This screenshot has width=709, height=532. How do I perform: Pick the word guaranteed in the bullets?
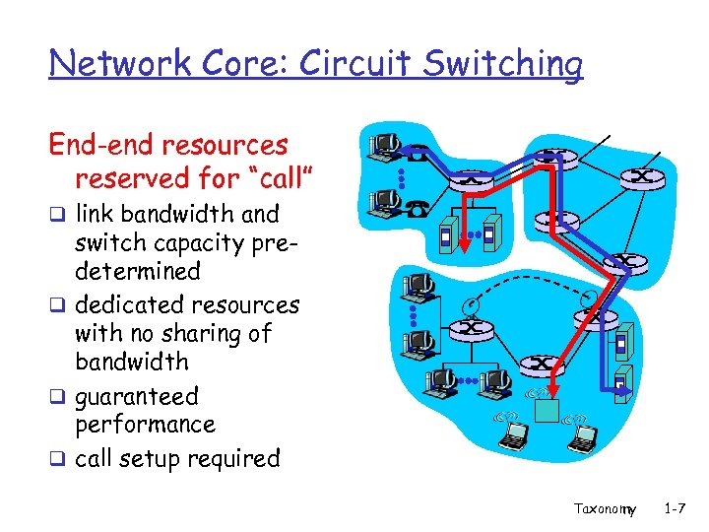(137, 397)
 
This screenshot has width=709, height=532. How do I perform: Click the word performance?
(145, 425)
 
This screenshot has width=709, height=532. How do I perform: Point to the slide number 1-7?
(676, 508)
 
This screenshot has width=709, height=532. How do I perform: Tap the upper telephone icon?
(418, 154)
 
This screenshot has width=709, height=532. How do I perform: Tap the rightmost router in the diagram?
(641, 177)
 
